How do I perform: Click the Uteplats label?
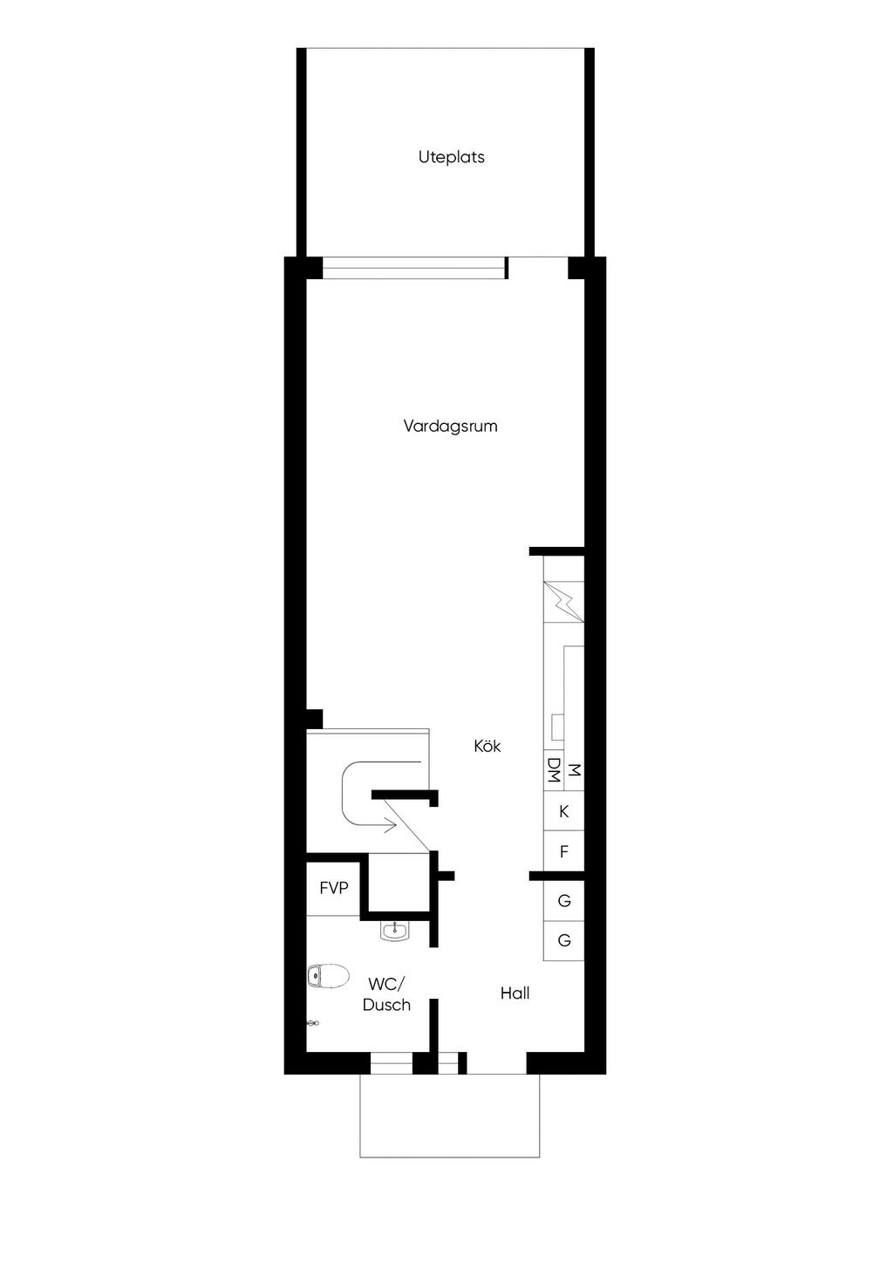pos(451,158)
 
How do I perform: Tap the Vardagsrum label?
pos(450,427)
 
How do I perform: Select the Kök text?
pos(487,747)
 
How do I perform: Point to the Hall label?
pos(515,993)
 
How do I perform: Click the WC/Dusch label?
pos(386,994)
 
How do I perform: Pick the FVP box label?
pos(334,889)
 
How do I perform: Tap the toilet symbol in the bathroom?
pos(328,976)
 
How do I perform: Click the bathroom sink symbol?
pos(395,931)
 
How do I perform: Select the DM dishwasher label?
pos(553,770)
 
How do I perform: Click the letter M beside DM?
pos(574,770)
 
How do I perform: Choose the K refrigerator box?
pos(563,812)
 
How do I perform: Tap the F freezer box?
pos(563,852)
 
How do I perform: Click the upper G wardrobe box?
pos(563,901)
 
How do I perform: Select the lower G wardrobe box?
pos(563,941)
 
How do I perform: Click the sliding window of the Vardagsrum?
pos(414,268)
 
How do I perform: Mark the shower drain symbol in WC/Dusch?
pos(313,1023)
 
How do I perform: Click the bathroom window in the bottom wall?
pos(391,1063)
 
